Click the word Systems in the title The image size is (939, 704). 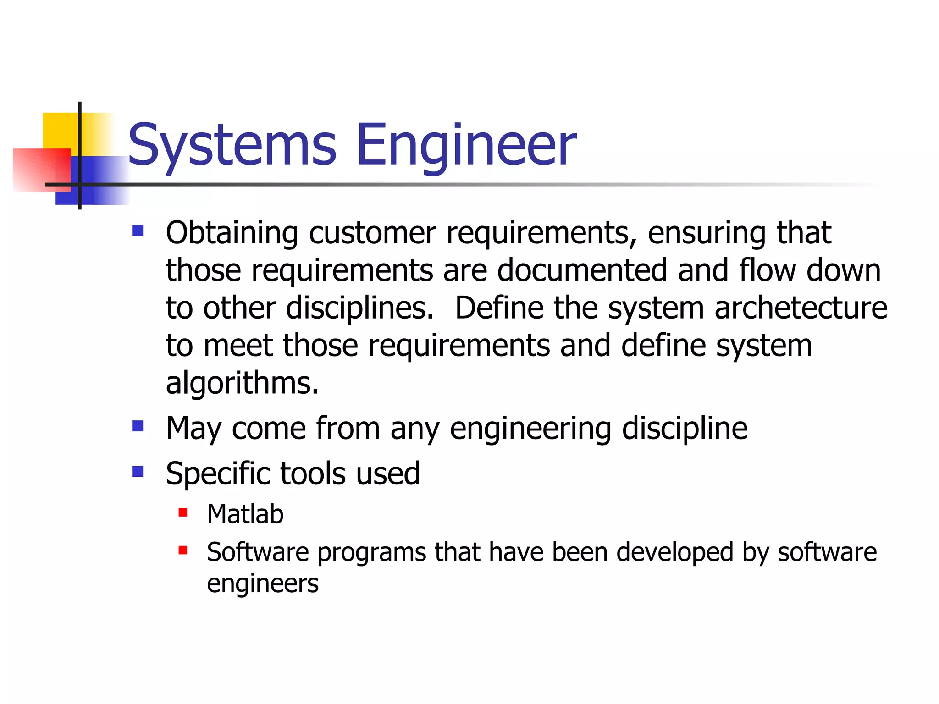tap(232, 146)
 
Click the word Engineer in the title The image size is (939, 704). tap(466, 146)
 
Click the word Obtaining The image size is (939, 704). tap(232, 233)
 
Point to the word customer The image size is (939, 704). tap(372, 233)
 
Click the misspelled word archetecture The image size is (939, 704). tap(801, 308)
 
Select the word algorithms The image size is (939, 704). tap(242, 383)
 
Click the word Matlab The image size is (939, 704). tap(245, 514)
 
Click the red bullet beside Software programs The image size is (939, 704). tap(183, 550)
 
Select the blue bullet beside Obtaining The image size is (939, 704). tap(138, 230)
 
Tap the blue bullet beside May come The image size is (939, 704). tap(138, 426)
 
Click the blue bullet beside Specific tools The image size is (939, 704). tap(138, 471)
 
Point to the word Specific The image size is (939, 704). tap(218, 474)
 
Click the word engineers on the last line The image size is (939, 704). tap(262, 584)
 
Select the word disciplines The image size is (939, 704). tap(359, 308)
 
